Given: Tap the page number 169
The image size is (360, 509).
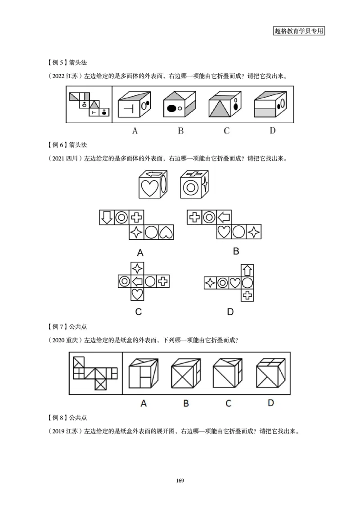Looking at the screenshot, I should pos(180,481).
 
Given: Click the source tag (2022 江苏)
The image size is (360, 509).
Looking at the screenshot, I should pos(65,76).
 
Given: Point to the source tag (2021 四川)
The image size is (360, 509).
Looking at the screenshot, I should pos(65,158).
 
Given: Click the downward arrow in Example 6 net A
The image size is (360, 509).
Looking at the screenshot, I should pos(107,218).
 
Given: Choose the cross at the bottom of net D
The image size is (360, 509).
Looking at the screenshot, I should pos(247,295).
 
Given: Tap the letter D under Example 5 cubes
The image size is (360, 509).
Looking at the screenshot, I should pos(272,131).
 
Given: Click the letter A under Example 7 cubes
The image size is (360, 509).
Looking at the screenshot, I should pos(144,403).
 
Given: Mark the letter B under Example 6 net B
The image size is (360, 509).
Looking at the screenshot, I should pos(236,251).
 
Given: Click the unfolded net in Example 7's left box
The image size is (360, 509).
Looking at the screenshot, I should pos(95,372).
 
